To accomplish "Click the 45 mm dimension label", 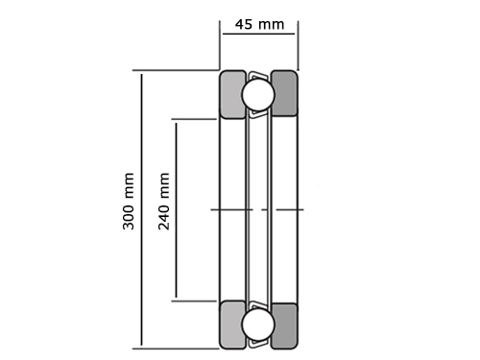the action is pyautogui.click(x=259, y=24).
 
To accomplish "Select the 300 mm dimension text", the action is pyautogui.click(x=129, y=201).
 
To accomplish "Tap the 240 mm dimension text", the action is pyautogui.click(x=164, y=201).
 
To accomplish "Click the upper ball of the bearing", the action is pyautogui.click(x=258, y=95).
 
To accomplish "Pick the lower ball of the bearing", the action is pyautogui.click(x=258, y=324).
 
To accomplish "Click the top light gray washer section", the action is pyautogui.click(x=233, y=94).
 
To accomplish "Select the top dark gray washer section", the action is pyautogui.click(x=284, y=93).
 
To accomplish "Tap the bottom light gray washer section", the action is pyautogui.click(x=233, y=324).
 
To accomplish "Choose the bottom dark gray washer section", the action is pyautogui.click(x=284, y=325).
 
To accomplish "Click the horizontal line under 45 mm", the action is pyautogui.click(x=258, y=34).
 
